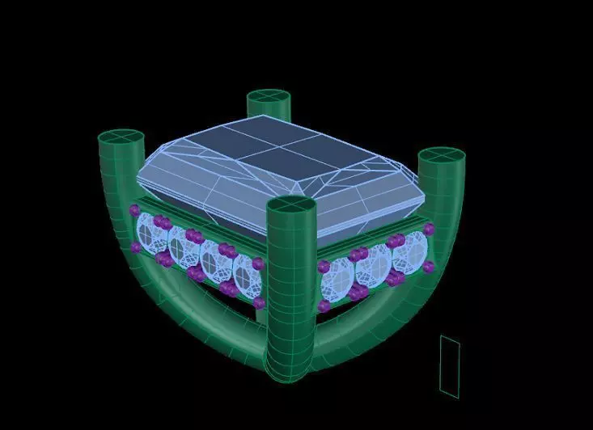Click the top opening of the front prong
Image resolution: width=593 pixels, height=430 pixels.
(290, 207)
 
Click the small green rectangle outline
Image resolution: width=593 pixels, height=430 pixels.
(450, 366)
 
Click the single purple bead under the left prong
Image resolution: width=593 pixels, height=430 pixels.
(134, 210)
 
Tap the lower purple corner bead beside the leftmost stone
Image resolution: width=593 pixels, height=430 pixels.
(135, 247)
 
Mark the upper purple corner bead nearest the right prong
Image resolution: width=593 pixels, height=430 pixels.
(428, 230)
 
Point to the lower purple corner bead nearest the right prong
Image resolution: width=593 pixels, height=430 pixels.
(428, 267)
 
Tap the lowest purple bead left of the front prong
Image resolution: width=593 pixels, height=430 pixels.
(259, 302)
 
